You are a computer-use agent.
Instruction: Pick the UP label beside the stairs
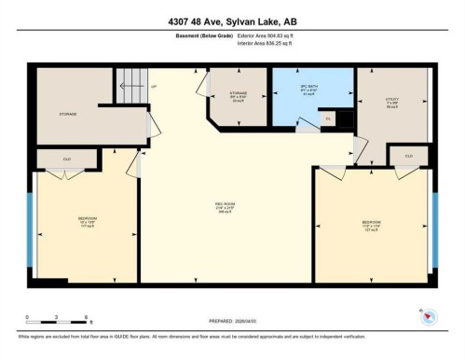point(154,87)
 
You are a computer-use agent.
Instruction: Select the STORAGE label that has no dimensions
point(67,114)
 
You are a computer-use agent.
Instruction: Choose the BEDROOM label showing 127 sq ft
point(371,224)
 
